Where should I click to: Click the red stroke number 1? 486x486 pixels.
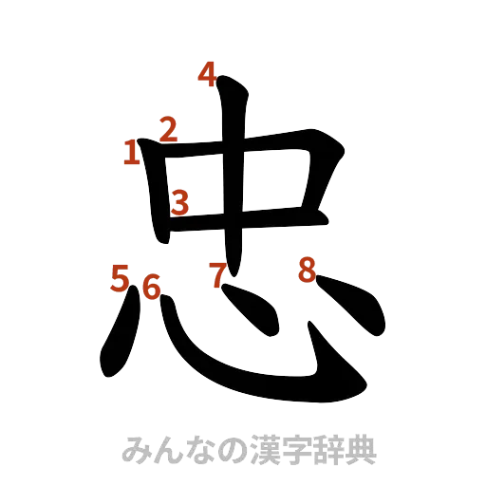131,152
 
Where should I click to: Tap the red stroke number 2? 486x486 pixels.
169,129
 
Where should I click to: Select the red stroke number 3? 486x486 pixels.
179,200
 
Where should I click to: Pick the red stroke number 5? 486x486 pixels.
120,280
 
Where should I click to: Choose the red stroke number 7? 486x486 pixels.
218,274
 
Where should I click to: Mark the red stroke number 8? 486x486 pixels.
306,270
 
